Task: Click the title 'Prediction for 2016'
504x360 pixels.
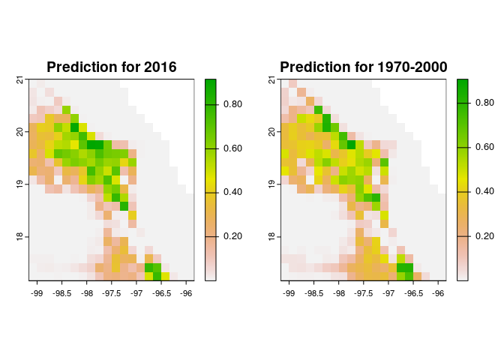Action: coord(111,67)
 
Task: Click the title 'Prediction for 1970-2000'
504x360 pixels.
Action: coord(363,67)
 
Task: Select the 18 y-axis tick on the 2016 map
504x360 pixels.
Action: coord(19,236)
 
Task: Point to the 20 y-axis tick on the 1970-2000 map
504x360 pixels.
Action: coord(271,132)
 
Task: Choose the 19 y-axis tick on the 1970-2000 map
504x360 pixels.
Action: coord(271,184)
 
